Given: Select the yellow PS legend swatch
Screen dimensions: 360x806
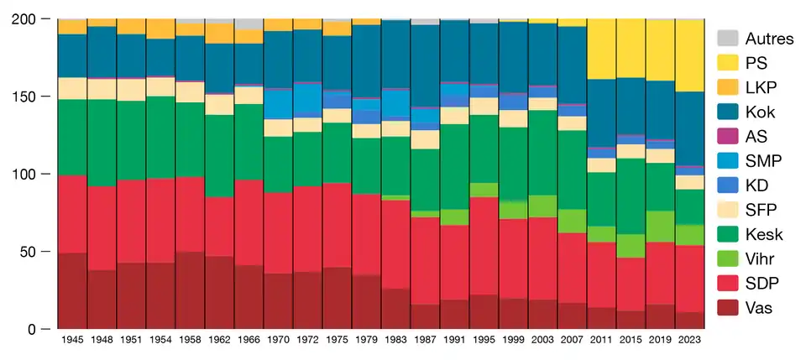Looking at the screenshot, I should coord(727,62).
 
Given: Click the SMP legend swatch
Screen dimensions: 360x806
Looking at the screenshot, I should coord(727,159).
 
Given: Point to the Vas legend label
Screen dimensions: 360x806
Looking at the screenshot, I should coord(759,307).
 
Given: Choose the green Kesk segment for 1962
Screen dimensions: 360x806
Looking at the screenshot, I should coord(219,156).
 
